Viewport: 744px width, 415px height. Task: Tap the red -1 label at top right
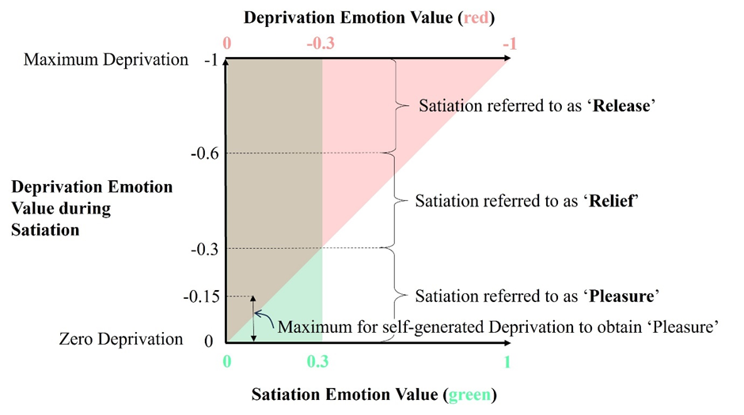click(x=508, y=44)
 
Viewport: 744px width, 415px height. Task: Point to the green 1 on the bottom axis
click(x=507, y=363)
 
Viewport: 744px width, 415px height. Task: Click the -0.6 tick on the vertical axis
click(x=206, y=153)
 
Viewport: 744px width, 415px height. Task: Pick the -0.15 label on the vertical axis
click(x=202, y=296)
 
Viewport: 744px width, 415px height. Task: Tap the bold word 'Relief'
click(x=614, y=201)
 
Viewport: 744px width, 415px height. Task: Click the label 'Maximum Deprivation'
click(x=107, y=59)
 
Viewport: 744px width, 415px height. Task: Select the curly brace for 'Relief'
click(x=400, y=201)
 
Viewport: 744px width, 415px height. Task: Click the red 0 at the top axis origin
click(x=227, y=44)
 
